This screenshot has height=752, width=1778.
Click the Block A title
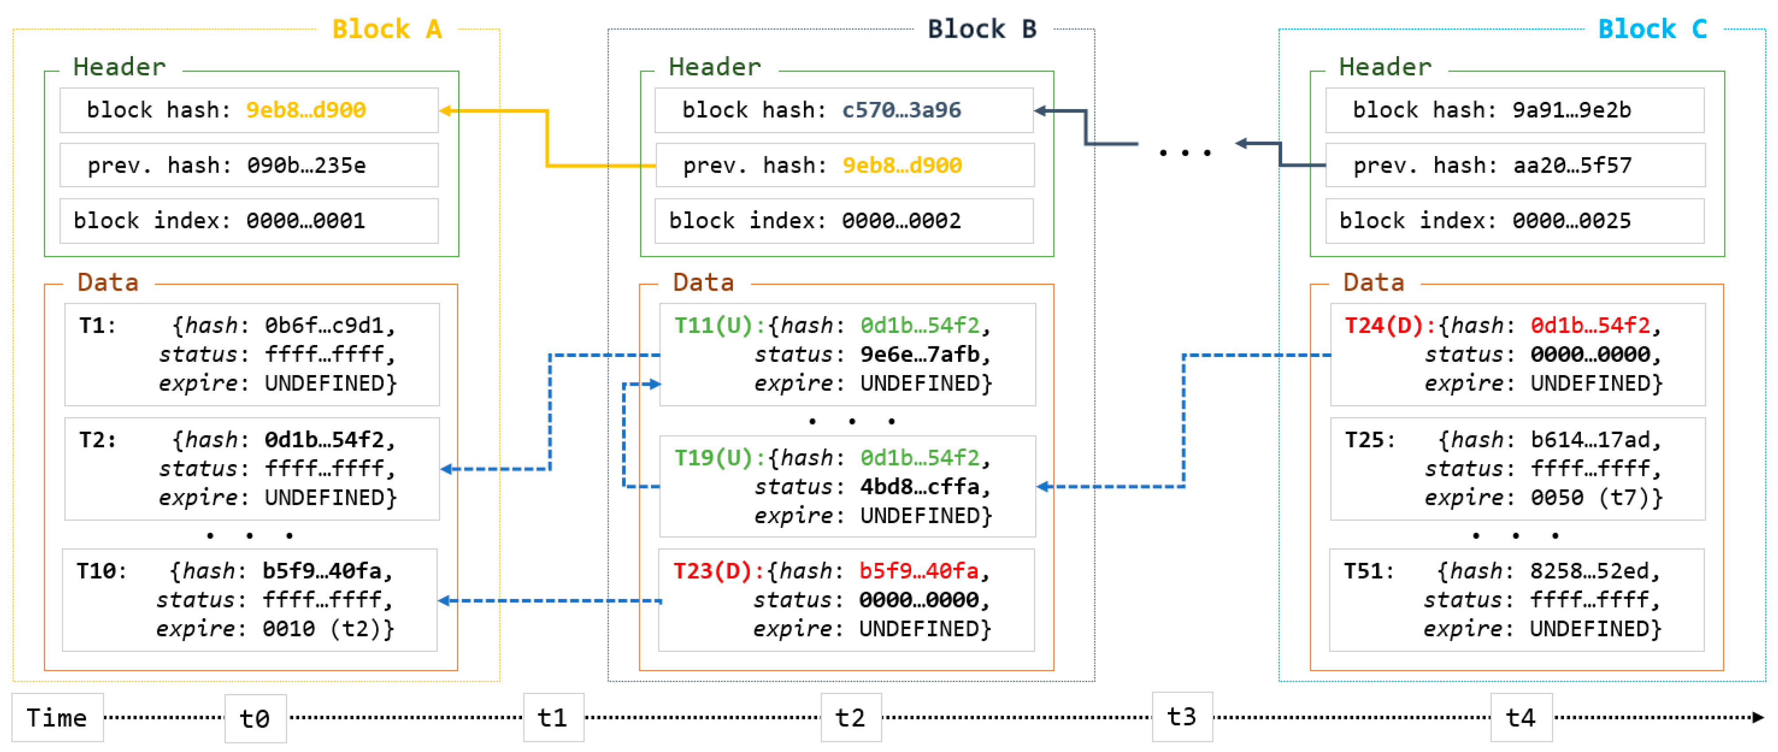(386, 29)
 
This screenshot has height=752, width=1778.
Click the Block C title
(1653, 29)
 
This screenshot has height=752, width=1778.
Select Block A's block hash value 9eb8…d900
(306, 110)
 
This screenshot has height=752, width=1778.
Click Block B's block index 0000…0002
(901, 221)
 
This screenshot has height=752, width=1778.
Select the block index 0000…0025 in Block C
(1571, 221)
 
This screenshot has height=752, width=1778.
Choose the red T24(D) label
(1384, 325)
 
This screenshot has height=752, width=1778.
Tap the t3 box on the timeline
(1181, 717)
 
